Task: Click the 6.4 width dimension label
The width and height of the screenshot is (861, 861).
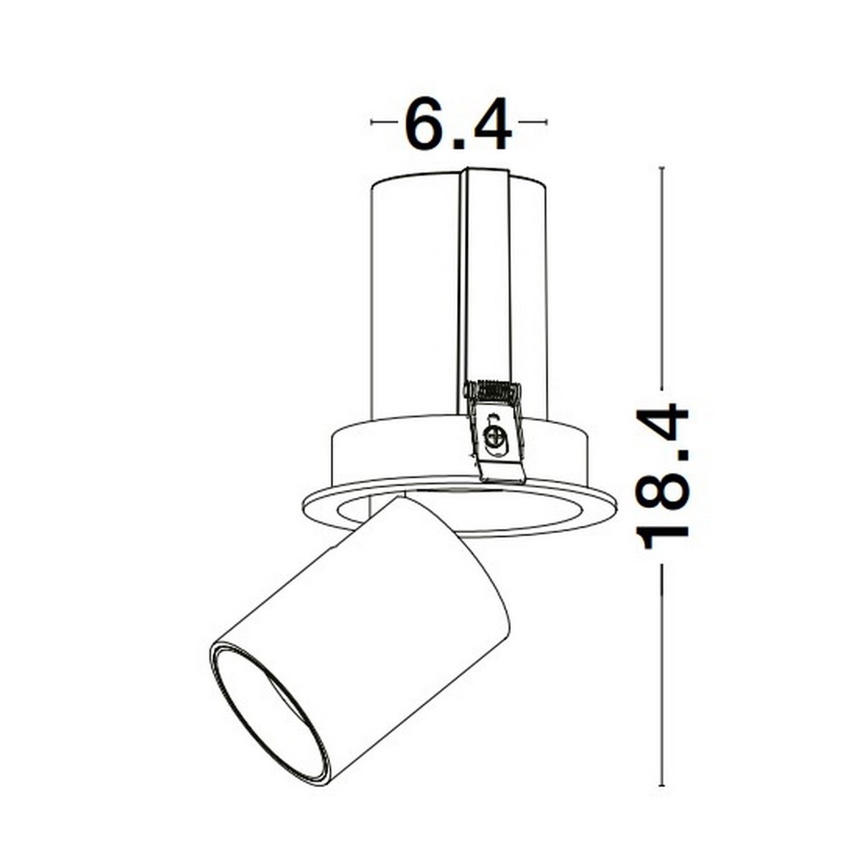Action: pyautogui.click(x=458, y=123)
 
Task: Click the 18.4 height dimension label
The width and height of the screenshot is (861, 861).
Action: pyautogui.click(x=662, y=476)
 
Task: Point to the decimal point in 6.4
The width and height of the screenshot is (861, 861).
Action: pyautogui.click(x=461, y=142)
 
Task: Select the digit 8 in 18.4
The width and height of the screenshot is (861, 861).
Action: pyautogui.click(x=662, y=485)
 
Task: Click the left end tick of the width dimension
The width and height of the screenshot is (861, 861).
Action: pyautogui.click(x=372, y=123)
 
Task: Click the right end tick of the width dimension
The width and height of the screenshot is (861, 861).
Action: pyautogui.click(x=546, y=123)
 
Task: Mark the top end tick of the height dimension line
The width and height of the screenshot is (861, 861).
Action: pyautogui.click(x=662, y=168)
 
